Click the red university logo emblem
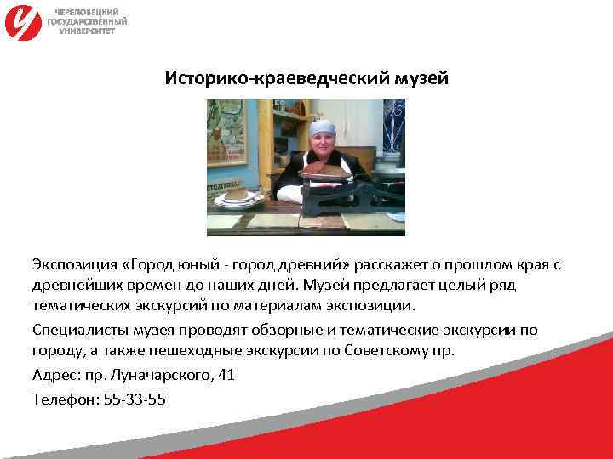(x=23, y=21)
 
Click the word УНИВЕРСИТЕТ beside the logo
(x=87, y=30)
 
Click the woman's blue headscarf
(x=322, y=127)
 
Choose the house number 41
(x=226, y=375)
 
